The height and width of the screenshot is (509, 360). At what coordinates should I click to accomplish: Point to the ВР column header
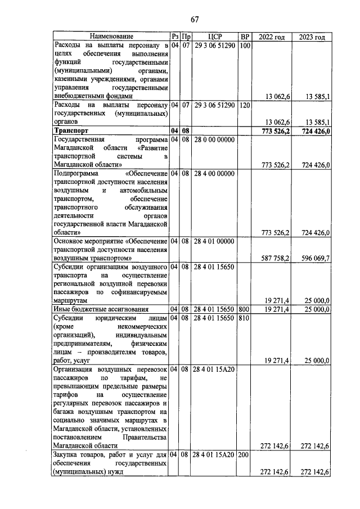point(244,37)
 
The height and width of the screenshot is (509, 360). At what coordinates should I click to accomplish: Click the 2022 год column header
point(271,37)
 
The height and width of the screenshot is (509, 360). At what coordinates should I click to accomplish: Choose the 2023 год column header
point(312,37)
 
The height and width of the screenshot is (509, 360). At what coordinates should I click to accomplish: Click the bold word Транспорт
point(74,131)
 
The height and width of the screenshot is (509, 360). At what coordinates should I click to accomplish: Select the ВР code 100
point(244,46)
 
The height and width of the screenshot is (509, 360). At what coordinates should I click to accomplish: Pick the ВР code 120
point(244,105)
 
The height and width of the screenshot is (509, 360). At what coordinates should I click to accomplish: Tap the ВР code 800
point(244,309)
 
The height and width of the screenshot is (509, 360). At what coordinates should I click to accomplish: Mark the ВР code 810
point(244,318)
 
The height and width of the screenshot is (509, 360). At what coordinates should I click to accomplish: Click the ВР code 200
point(244,454)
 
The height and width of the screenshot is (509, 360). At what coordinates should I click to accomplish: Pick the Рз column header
point(174,37)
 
